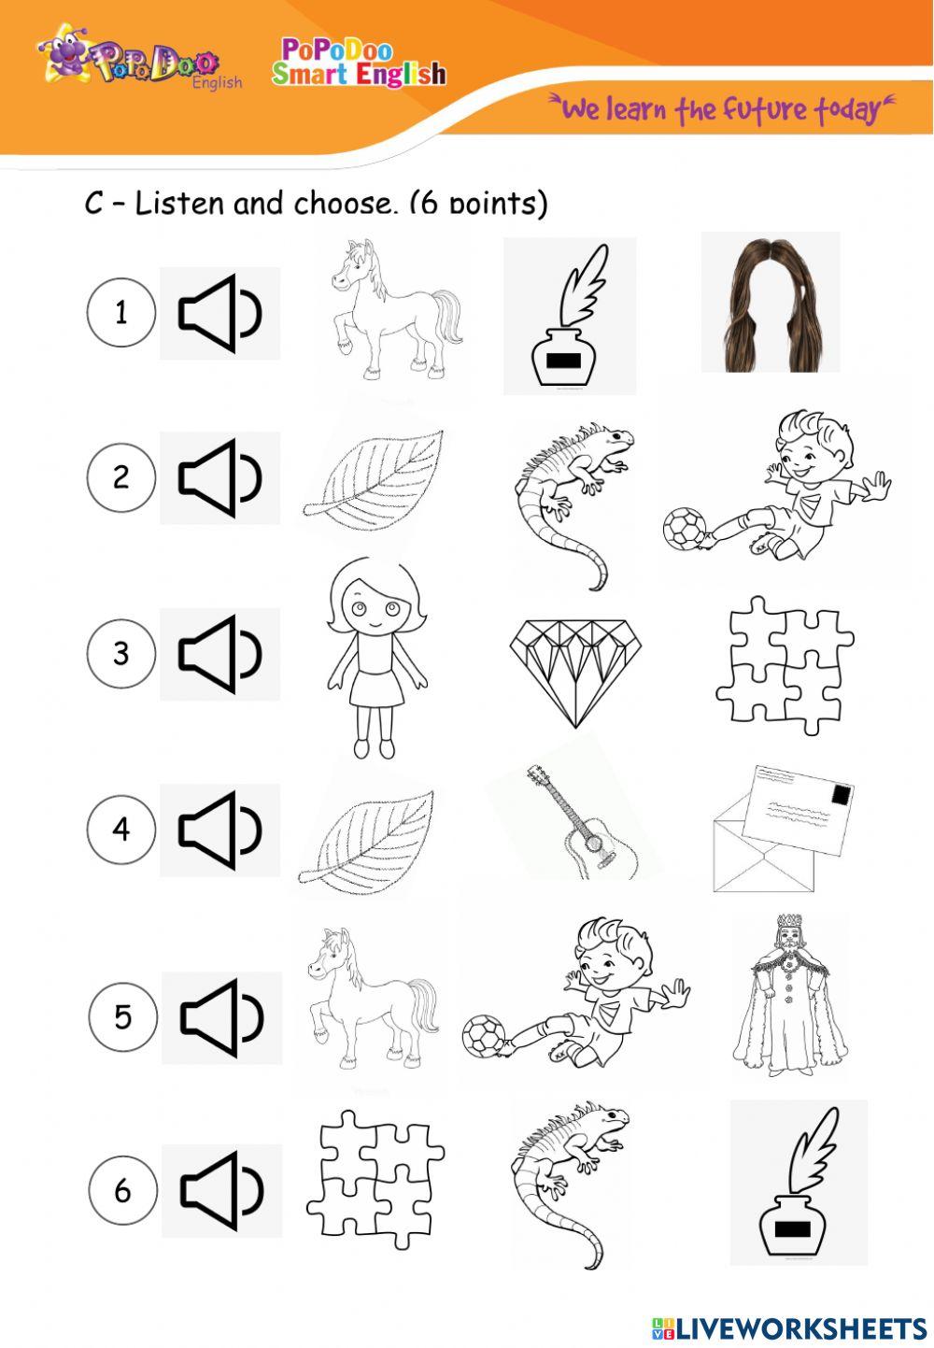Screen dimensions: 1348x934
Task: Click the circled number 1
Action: tap(120, 313)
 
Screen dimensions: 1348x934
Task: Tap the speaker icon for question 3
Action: tap(219, 654)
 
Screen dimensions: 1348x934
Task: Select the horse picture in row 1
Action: tap(394, 307)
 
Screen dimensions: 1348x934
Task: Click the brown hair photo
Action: tap(770, 303)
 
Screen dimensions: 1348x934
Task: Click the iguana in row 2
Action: tap(572, 495)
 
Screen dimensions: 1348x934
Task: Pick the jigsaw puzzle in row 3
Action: tap(785, 664)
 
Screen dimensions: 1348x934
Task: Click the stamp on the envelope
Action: tap(841, 795)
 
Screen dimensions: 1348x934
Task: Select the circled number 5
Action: tap(122, 1016)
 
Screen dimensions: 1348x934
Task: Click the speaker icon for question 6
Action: tap(221, 1190)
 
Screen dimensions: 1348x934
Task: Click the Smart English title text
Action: tap(360, 73)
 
